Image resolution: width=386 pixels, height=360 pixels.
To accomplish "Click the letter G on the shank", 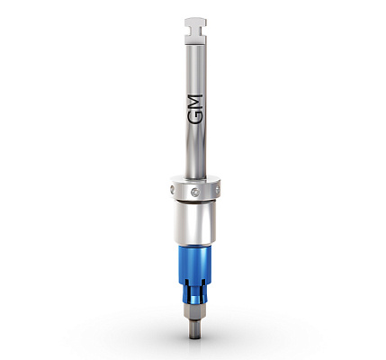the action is (x=194, y=118).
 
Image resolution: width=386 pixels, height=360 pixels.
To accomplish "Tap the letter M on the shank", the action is (x=195, y=102).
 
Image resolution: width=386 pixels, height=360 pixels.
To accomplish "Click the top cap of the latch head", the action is (x=195, y=22).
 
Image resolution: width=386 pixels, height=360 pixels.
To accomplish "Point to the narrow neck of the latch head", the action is (x=195, y=31).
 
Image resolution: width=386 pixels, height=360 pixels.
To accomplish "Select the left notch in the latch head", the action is (x=188, y=31).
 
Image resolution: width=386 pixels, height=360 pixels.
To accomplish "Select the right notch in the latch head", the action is (x=203, y=31).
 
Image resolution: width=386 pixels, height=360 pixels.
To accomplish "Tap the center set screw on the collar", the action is (x=195, y=193).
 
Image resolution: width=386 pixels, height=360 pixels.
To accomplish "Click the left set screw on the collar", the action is (x=172, y=189).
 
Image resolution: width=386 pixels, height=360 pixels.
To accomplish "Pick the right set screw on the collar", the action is (x=218, y=190).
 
